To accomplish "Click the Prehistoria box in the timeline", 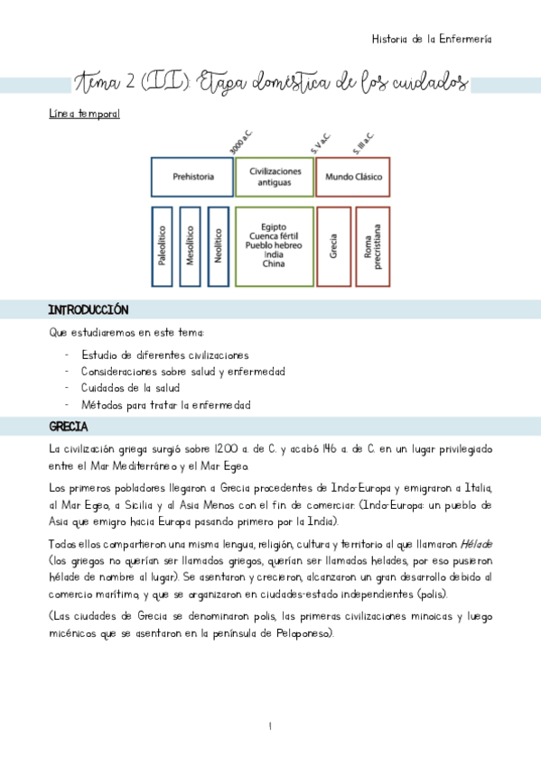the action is (192, 177).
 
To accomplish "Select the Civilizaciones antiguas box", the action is (274, 177).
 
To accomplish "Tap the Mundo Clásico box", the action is (351, 177).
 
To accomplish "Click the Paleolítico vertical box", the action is (162, 246).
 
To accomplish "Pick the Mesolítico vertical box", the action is (190, 246).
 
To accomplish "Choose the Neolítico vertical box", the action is (218, 246).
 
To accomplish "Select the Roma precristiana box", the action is (372, 246).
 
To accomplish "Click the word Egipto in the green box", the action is (274, 227).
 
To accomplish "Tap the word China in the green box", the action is (274, 264).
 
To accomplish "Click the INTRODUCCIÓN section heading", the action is (88, 309).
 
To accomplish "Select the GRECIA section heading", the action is (68, 426).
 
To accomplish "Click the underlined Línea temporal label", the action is (84, 115).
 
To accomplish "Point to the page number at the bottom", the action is (270, 726).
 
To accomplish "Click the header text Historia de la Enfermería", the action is (432, 39).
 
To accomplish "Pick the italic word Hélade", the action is (472, 545).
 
